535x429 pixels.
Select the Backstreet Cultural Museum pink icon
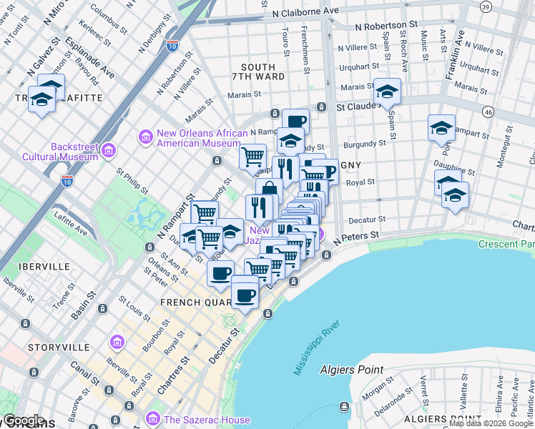pos(109,149)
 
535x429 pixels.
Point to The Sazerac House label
pos(207,420)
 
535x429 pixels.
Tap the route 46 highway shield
pos(489,112)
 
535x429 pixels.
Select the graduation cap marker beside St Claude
pos(387,92)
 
